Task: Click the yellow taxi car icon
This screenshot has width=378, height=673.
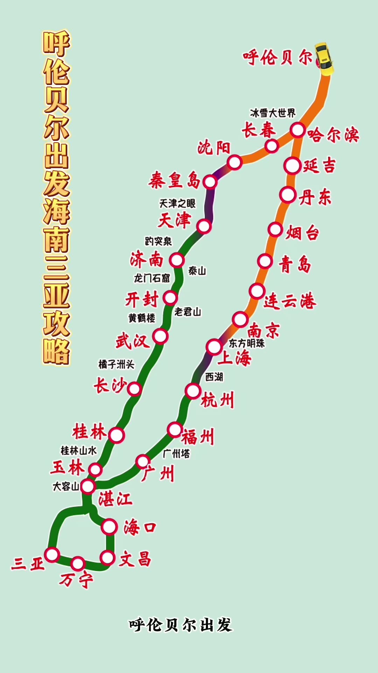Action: pos(324,59)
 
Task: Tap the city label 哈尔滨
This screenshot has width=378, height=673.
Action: pos(333,135)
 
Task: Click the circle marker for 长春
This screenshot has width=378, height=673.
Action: pos(272,146)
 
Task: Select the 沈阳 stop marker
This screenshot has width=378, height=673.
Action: pos(234,162)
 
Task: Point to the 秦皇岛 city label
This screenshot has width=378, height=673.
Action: pos(174,181)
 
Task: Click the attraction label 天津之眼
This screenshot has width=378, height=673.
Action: pos(177,203)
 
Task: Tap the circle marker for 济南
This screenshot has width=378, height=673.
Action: pos(177,260)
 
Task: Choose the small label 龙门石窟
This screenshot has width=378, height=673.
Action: pos(152,278)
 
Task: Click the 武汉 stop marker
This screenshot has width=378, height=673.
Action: pos(160,336)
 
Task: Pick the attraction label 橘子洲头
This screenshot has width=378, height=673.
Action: pos(117,365)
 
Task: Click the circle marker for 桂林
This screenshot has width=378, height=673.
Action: pos(117,435)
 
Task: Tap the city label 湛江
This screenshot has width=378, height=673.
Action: pos(115,499)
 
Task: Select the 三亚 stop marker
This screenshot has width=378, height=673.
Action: pos(52,555)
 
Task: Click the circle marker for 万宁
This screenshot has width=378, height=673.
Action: pos(78,564)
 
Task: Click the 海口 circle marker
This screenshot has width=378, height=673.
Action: pos(109,527)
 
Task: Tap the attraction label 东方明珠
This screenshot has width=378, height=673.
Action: pos(247,343)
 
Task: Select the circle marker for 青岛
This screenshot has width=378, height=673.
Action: pos(265,261)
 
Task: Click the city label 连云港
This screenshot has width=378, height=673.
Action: pos(290,301)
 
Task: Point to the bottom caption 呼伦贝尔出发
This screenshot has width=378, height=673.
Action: pos(181,625)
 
